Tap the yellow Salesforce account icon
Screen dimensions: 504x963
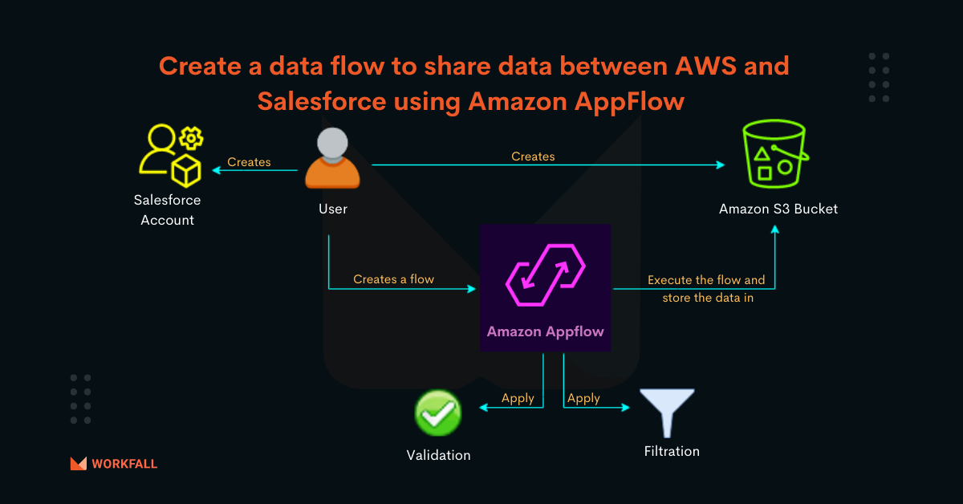click(x=169, y=154)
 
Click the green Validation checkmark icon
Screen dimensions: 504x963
click(x=437, y=413)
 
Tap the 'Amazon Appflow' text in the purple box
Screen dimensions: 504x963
click(x=545, y=331)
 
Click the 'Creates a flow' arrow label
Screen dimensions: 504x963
click(x=393, y=279)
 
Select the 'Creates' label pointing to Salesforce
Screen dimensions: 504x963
click(x=249, y=162)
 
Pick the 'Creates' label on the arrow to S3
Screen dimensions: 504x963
click(x=533, y=156)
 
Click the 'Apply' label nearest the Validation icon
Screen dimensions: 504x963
click(x=518, y=398)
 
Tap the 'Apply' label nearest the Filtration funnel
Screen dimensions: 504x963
click(x=583, y=398)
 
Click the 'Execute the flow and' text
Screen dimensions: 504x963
click(x=706, y=280)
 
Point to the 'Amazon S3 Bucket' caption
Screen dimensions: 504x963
click(x=778, y=209)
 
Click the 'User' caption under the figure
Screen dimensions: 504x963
click(x=332, y=209)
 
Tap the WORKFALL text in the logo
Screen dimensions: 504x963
click(x=124, y=464)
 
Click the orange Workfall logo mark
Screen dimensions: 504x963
click(x=79, y=463)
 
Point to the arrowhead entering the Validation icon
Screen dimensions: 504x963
click(x=482, y=408)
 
